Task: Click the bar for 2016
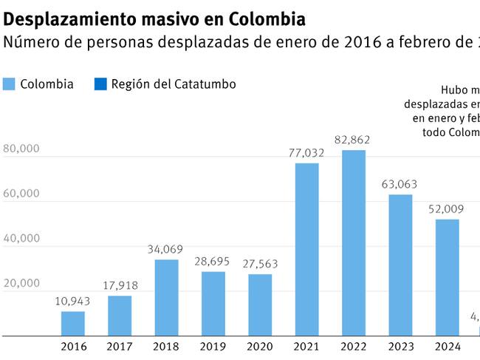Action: (73, 323)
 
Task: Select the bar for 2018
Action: (166, 297)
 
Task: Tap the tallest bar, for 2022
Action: (353, 242)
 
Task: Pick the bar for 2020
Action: (260, 305)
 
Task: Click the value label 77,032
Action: (306, 152)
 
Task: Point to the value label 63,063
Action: (400, 184)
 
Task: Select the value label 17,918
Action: (120, 285)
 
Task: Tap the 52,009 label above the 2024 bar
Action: (446, 208)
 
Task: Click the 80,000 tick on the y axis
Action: (21, 149)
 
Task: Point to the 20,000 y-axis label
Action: (21, 283)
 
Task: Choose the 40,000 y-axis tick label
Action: (21, 238)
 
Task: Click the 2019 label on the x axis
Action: (213, 347)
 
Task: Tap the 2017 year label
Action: (120, 347)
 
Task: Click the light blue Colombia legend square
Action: (9, 84)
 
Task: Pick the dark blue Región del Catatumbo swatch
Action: (100, 84)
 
